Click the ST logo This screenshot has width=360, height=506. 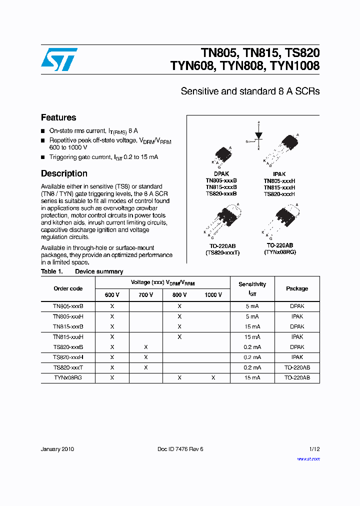click(59, 59)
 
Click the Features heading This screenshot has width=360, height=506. click(58, 118)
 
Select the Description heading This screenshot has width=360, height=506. click(64, 174)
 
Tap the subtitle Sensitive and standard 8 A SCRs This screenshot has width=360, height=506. click(250, 91)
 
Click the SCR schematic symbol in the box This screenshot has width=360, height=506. click(258, 134)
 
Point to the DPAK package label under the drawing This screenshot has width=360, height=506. click(221, 174)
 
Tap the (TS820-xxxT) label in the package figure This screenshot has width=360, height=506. click(222, 252)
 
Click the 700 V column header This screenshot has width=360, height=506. click(145, 295)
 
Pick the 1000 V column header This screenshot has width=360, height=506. click(213, 295)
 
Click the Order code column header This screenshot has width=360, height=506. click(68, 288)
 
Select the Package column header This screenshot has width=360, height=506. click(297, 288)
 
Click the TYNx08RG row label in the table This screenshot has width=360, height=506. click(67, 378)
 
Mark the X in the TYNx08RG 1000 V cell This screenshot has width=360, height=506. click(213, 378)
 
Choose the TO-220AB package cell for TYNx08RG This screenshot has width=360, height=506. click(297, 378)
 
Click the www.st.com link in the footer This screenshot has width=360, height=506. click(308, 459)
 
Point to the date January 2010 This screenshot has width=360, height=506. click(57, 449)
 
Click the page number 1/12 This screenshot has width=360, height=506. click(314, 449)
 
